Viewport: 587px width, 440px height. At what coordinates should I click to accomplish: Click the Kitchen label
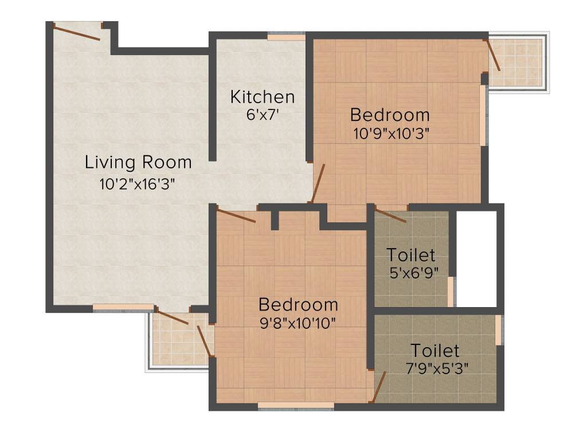coord(263,97)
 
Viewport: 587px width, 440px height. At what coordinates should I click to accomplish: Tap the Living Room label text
coord(138,162)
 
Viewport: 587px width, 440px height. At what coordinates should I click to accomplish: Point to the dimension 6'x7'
coord(262,114)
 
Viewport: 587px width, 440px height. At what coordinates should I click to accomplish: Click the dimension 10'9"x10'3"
coord(392,133)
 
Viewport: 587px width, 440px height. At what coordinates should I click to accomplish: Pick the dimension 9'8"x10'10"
coord(298,322)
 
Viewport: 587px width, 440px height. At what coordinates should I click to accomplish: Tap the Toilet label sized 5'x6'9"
coord(410,254)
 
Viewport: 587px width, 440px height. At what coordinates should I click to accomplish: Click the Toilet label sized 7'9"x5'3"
coord(435,350)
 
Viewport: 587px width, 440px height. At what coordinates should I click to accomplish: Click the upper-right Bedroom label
coord(390,115)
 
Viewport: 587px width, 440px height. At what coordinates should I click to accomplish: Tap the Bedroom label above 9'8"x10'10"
coord(298,304)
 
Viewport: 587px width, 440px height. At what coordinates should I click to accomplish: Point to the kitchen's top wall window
coord(286,37)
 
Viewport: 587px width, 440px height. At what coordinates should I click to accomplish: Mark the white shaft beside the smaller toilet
coord(476,258)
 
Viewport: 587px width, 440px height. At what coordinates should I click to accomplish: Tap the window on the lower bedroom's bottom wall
coord(296,406)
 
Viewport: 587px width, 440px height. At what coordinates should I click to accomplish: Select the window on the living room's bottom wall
coord(123,308)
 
